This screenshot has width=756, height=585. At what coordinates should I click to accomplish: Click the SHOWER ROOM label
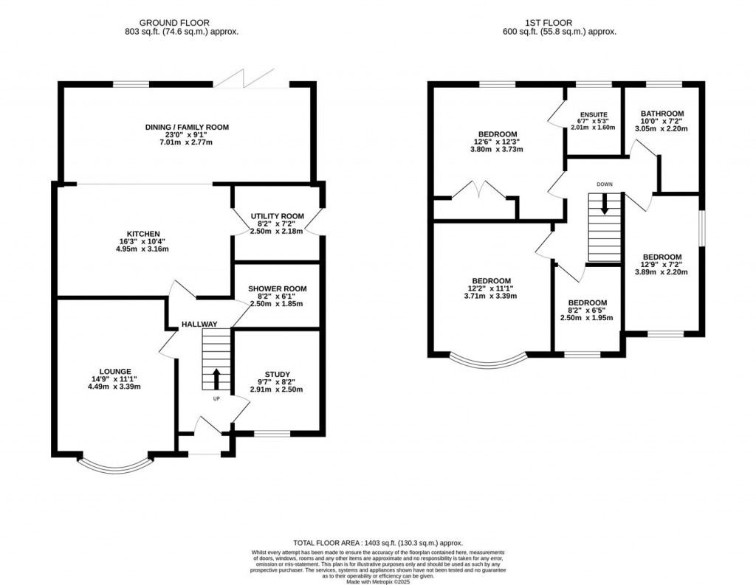(277, 288)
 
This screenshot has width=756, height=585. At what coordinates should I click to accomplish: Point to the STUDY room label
(277, 374)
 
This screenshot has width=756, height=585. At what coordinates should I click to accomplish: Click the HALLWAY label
(200, 324)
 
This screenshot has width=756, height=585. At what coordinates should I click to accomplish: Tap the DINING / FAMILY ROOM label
(187, 127)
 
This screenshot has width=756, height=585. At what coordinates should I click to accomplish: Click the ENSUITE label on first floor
(592, 115)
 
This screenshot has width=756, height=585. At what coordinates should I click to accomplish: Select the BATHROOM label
(661, 114)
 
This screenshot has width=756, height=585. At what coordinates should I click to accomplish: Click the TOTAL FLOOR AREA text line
(377, 543)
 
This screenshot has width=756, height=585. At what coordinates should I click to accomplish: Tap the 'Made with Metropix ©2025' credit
(377, 580)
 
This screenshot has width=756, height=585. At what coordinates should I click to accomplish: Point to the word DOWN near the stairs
(605, 184)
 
